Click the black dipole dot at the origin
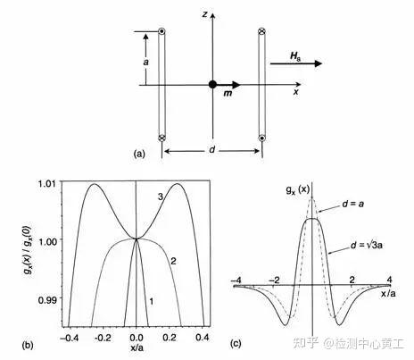click(x=212, y=85)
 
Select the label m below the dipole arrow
click(x=228, y=93)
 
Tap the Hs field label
click(x=295, y=55)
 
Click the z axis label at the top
click(x=204, y=14)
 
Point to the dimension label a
click(x=145, y=62)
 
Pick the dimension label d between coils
click(x=211, y=149)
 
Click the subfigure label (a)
click(x=139, y=154)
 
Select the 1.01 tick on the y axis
click(x=46, y=183)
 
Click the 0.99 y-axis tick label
click(x=47, y=299)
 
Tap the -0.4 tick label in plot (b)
click(x=70, y=338)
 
